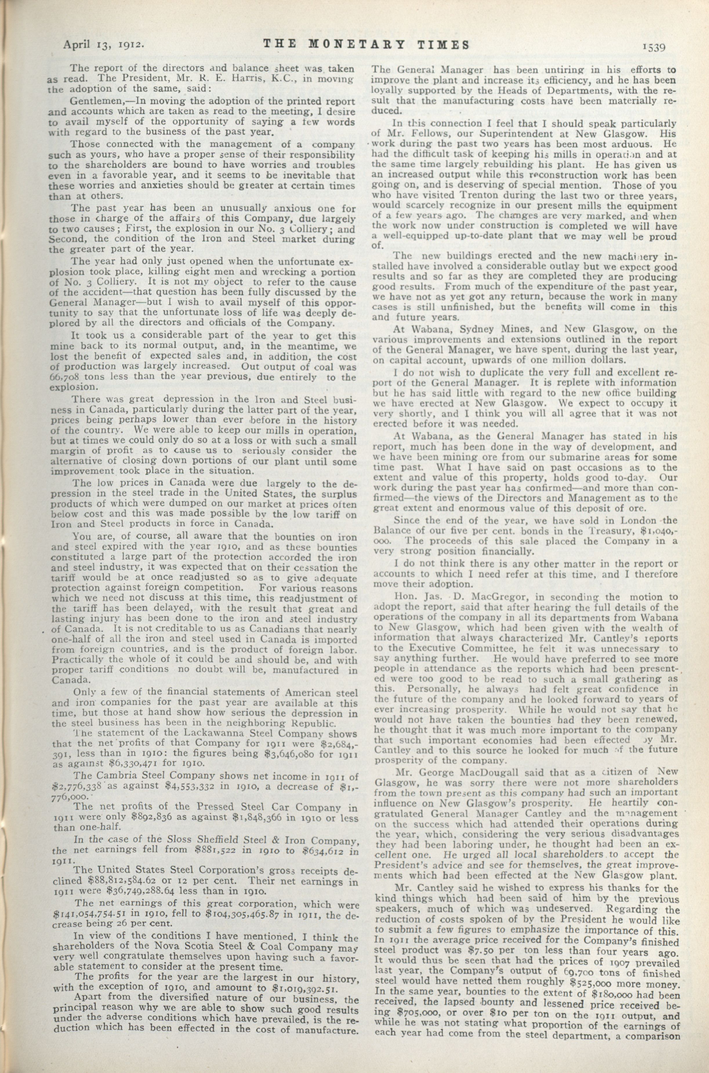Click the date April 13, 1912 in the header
[x=104, y=45]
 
